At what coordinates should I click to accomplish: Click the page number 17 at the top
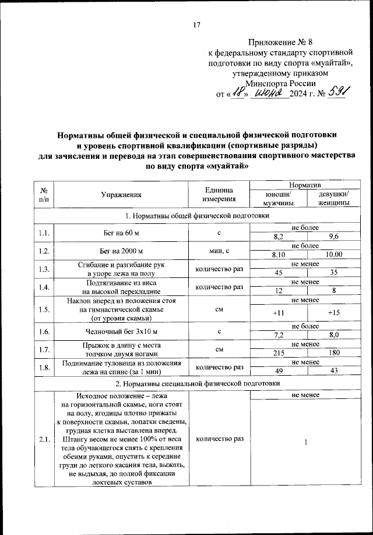(196, 24)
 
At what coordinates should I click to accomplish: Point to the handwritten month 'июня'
(269, 92)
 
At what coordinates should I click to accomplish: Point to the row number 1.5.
(44, 309)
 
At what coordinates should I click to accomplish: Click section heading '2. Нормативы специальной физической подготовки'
(198, 384)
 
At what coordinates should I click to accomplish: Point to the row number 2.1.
(44, 439)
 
